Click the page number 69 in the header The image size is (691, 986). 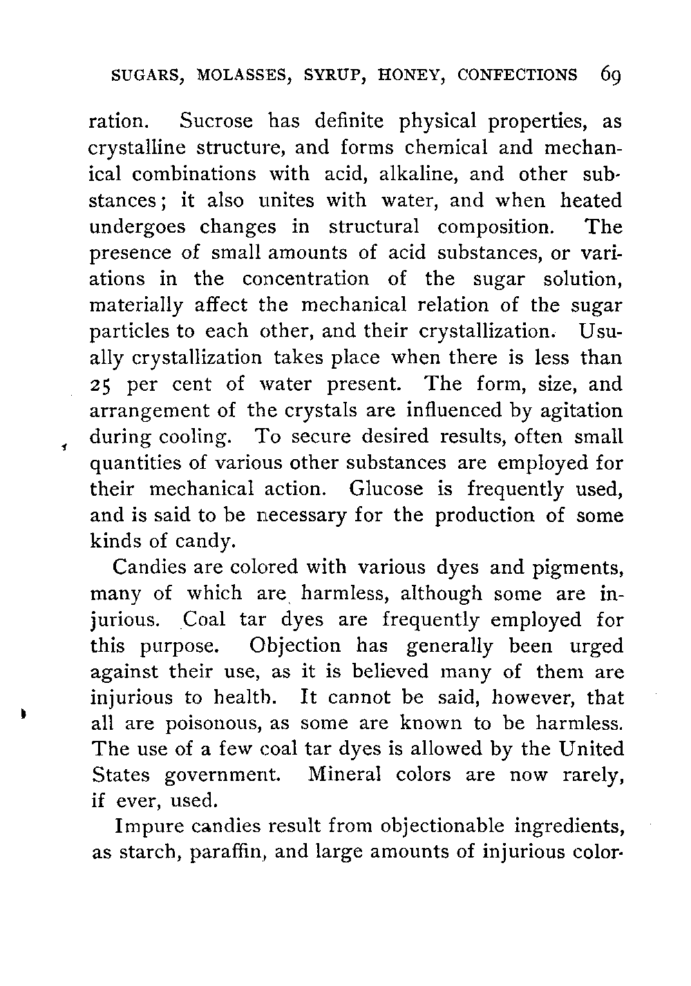point(614,75)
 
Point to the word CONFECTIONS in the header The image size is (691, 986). point(518,75)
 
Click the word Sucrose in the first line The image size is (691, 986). point(216,122)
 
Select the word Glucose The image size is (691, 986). point(386,490)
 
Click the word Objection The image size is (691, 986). point(295,646)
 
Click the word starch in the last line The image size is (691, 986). point(150,853)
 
